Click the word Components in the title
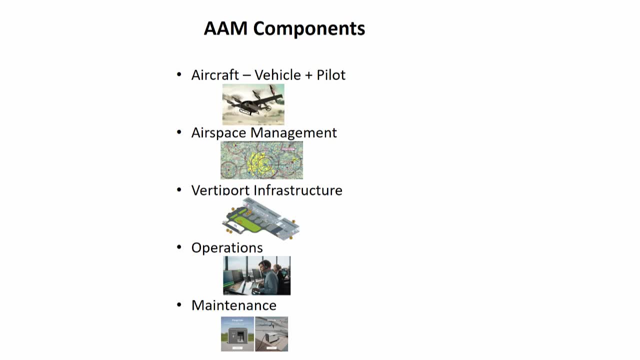click(x=309, y=28)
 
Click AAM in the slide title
click(x=225, y=28)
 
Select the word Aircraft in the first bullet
click(x=215, y=75)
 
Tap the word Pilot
click(x=331, y=75)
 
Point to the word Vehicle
click(x=277, y=75)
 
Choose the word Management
click(x=293, y=132)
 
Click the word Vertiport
click(x=220, y=190)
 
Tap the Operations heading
click(x=227, y=248)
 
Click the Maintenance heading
click(x=233, y=305)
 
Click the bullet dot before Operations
click(x=179, y=247)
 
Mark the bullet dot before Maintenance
click(x=179, y=304)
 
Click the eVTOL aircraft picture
click(x=253, y=104)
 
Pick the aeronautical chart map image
click(x=261, y=160)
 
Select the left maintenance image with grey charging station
click(x=237, y=334)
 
